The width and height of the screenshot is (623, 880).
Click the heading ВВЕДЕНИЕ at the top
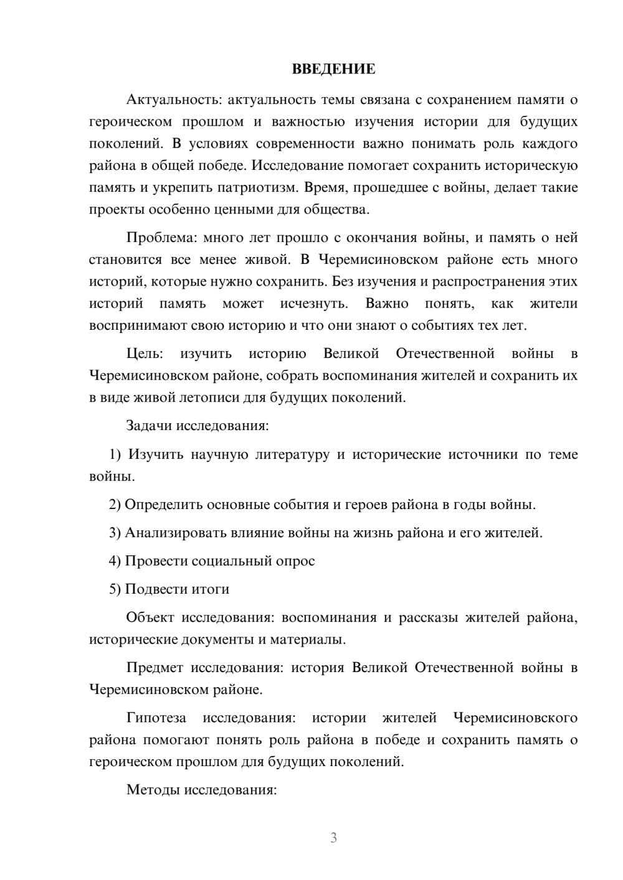[333, 69]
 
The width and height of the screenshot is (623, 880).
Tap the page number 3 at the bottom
[333, 838]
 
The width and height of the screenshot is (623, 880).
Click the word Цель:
[145, 354]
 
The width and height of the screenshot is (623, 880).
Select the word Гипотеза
[156, 718]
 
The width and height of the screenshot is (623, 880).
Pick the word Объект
[150, 618]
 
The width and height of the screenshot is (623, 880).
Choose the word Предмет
[155, 668]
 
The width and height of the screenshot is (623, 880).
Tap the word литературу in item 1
[292, 455]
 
